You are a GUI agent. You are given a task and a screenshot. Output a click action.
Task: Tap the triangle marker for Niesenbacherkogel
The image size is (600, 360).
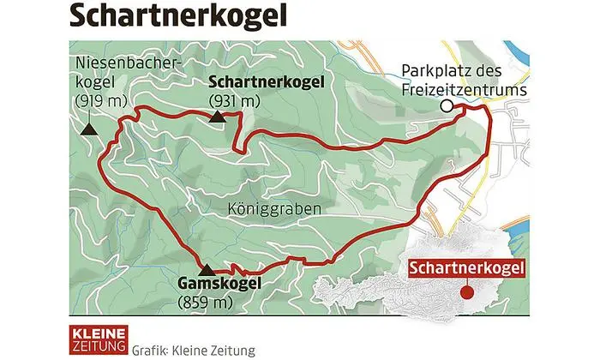(88, 129)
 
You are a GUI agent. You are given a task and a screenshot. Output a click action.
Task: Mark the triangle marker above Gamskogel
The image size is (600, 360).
(207, 269)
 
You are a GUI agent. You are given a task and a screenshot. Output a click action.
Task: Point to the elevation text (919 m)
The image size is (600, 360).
(100, 101)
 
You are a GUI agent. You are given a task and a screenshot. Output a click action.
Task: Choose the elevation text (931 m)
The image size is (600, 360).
(234, 101)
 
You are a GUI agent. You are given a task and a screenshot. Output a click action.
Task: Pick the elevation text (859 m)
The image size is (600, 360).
(204, 303)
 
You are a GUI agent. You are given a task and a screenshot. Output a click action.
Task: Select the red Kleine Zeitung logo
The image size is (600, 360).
(98, 337)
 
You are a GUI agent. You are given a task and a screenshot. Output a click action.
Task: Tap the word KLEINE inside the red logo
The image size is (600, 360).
(98, 331)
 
